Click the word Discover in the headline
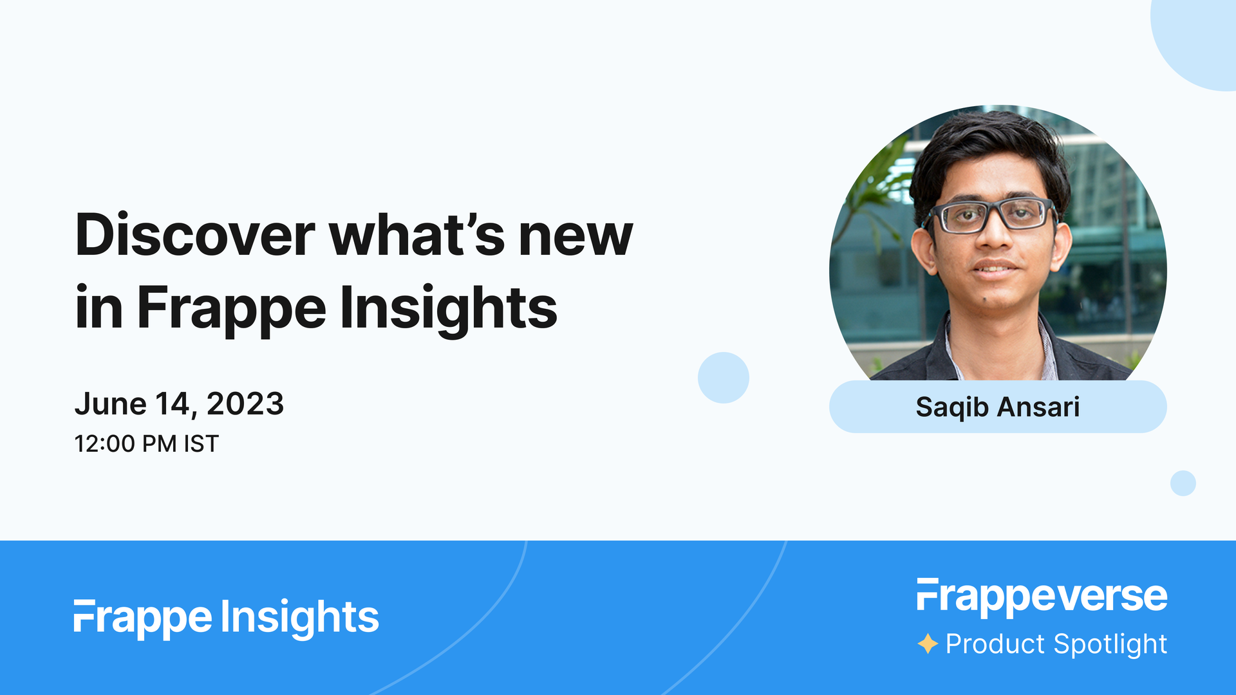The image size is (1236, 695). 195,236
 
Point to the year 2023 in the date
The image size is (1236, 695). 245,404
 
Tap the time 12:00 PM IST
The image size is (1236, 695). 147,444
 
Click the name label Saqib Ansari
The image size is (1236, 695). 997,407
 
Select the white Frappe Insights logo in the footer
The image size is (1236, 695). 227,617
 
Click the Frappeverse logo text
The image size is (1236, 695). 1042,596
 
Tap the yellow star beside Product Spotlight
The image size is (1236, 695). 928,644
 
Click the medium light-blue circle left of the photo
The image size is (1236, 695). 723,378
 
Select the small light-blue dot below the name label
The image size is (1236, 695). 1183,483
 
